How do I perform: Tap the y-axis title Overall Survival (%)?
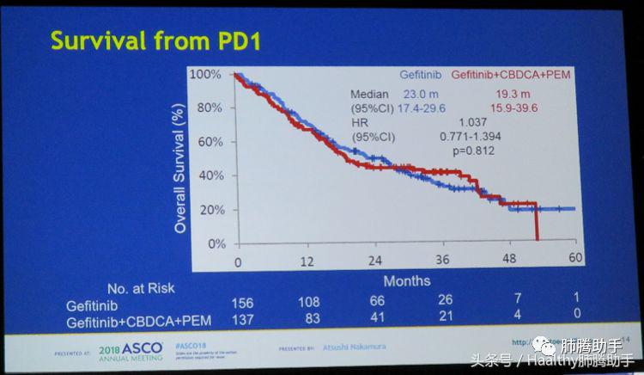[181, 168]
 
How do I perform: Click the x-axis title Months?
[406, 280]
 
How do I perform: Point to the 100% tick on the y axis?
[207, 75]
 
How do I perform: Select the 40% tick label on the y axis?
[210, 175]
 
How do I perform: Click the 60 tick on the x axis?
[574, 258]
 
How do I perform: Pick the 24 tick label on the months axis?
[374, 260]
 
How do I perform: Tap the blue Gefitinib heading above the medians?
[421, 76]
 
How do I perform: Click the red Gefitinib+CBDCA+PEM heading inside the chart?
[511, 76]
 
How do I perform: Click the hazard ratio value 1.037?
[473, 123]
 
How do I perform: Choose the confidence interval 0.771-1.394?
[471, 137]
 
